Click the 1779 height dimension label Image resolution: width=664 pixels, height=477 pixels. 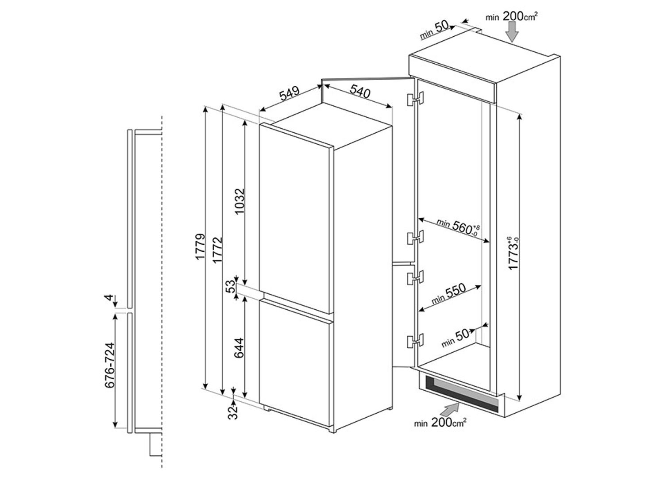[200, 246]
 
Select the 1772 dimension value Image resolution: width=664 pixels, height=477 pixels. [217, 250]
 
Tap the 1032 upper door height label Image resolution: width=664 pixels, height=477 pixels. [239, 201]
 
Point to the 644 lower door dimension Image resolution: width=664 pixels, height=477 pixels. [239, 348]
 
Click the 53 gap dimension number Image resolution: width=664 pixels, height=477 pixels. [230, 286]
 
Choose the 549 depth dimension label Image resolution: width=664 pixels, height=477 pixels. [290, 94]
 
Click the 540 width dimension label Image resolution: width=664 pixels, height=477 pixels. [360, 91]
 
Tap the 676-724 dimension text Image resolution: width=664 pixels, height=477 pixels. [110, 365]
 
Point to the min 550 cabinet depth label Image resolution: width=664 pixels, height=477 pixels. [449, 294]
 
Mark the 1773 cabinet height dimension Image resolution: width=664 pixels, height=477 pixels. [513, 253]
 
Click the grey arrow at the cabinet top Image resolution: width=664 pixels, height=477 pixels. [512, 32]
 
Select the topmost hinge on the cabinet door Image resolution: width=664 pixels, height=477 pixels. [415, 99]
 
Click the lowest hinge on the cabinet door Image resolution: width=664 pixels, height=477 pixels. [415, 341]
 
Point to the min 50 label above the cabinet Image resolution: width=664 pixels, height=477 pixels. [435, 30]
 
